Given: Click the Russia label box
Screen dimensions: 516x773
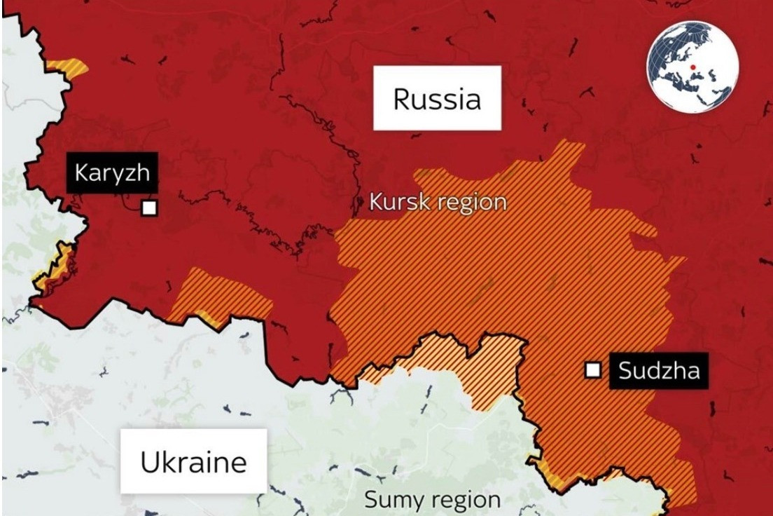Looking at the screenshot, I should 437,98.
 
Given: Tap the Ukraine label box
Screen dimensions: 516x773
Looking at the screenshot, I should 193,462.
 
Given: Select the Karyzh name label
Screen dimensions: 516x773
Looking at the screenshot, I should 112,172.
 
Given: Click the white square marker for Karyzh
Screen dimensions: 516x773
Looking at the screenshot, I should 148,208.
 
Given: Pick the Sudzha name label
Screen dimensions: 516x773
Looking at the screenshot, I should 659,369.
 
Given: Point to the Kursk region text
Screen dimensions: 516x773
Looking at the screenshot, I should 438,203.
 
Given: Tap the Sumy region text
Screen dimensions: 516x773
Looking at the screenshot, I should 432,501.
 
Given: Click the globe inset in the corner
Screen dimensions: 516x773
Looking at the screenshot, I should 692,67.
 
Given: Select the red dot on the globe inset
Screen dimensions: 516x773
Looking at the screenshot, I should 692,67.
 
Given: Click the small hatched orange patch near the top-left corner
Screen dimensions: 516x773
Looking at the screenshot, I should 69,68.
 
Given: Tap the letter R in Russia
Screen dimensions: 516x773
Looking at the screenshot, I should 401,99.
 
